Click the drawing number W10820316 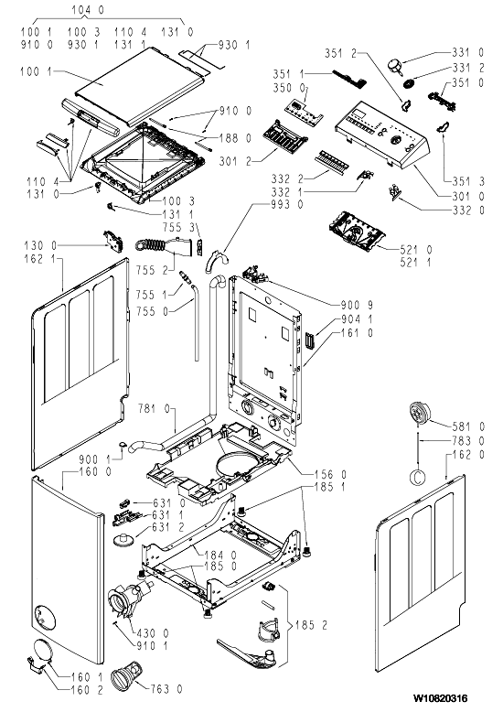(x=440, y=697)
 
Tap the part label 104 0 (x=88, y=9)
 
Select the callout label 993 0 (x=287, y=205)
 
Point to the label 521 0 (x=416, y=249)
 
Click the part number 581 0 (x=468, y=426)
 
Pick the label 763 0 (x=166, y=689)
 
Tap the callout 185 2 (x=311, y=625)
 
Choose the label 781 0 (x=154, y=409)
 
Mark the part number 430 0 (x=153, y=632)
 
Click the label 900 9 (x=357, y=305)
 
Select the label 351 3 (x=468, y=182)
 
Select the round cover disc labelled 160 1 (x=43, y=652)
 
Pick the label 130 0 (x=40, y=245)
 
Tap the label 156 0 (x=330, y=475)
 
